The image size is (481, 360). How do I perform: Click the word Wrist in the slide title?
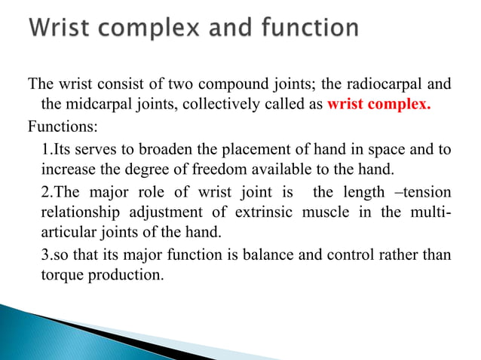pos(63,30)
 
